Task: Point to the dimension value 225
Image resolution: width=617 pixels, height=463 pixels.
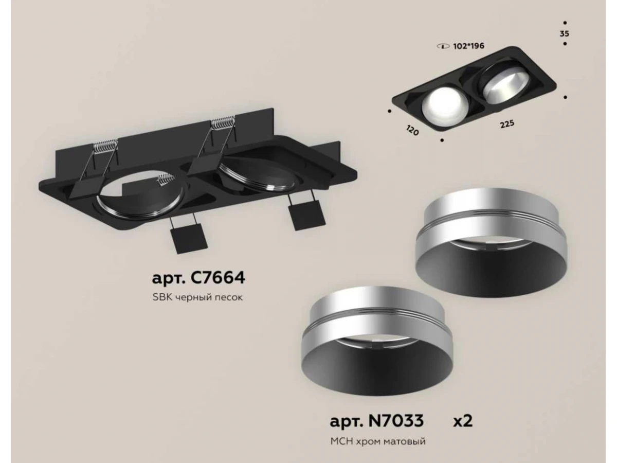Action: (x=507, y=124)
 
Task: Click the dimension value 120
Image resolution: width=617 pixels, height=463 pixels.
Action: (x=412, y=130)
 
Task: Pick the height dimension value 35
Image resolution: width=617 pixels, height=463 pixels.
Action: (x=564, y=34)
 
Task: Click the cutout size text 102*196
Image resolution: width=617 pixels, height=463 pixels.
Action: (x=468, y=46)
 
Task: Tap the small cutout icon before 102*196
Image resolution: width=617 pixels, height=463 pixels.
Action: (x=443, y=46)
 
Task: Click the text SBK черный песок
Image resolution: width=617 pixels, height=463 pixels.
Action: (x=197, y=297)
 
